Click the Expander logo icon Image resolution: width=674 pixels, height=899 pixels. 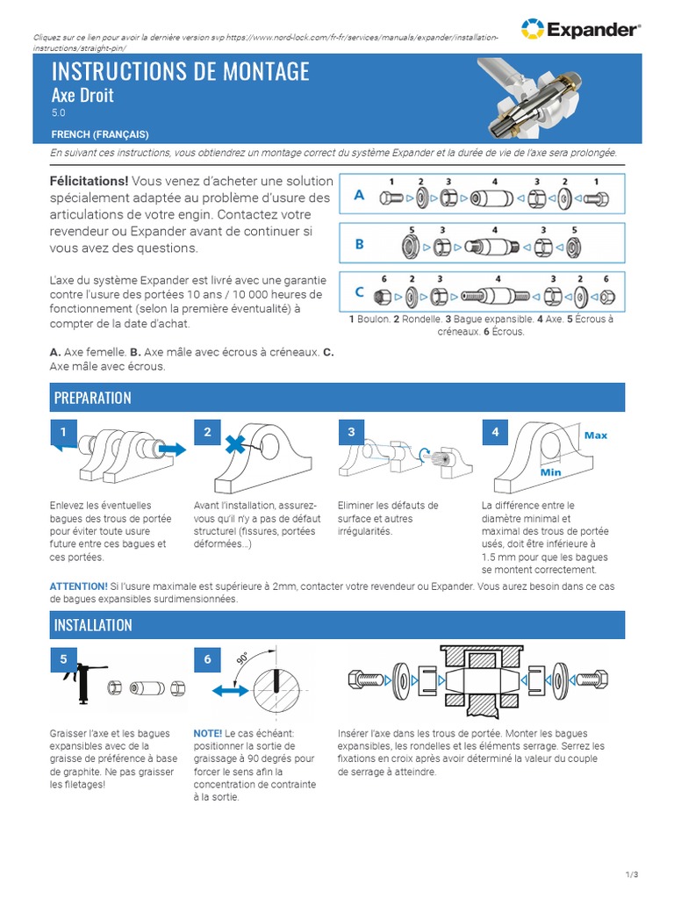point(532,29)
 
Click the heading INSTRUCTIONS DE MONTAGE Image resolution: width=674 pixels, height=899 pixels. point(181,71)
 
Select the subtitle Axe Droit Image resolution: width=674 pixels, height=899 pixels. point(82,95)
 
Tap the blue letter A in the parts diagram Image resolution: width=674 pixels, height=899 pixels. point(359,197)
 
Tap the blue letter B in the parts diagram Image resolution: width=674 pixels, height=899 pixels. point(359,245)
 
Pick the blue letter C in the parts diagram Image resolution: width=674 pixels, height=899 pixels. point(359,293)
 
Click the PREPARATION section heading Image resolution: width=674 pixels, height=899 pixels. point(93,398)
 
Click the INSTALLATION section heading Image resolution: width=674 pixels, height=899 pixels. point(94,625)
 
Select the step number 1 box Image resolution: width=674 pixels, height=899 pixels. point(63,433)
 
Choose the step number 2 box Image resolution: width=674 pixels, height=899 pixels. point(207,432)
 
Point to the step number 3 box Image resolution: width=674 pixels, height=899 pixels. point(351,432)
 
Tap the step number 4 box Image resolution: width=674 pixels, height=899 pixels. point(495,432)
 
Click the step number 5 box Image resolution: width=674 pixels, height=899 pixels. point(63,659)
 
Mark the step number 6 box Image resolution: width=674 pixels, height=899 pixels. point(207,659)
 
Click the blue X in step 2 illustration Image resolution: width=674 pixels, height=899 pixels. point(235,445)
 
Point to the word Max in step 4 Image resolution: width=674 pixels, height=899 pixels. point(596,435)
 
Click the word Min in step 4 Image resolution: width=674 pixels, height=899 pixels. point(550,472)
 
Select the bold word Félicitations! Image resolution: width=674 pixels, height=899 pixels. point(90,181)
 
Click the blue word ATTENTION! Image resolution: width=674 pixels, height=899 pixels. point(79,586)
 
